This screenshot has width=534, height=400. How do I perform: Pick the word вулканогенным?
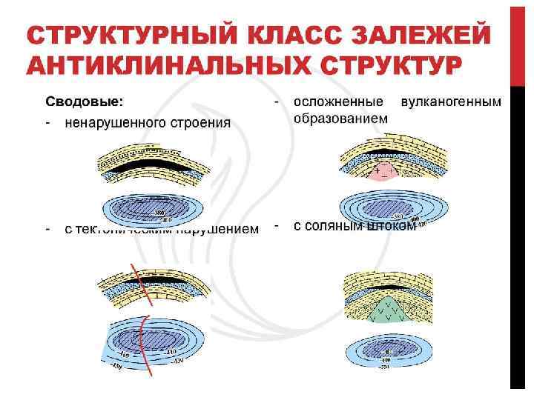[451, 101]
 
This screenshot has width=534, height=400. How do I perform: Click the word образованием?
[340, 118]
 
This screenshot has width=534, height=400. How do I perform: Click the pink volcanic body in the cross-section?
[382, 175]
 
